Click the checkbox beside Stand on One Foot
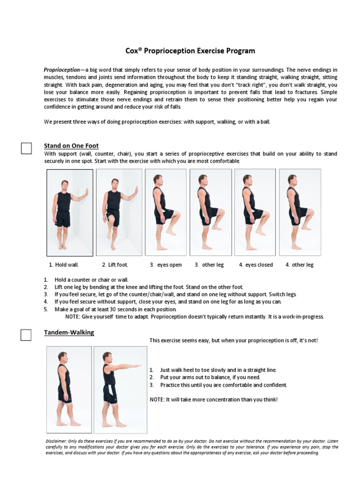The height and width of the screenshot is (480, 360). click(x=26, y=148)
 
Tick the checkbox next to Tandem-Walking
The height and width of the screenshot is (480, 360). click(x=26, y=335)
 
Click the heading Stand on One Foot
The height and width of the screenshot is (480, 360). click(x=71, y=146)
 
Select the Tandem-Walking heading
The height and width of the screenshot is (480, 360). click(x=69, y=332)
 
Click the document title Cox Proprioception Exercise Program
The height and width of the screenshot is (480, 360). click(x=190, y=51)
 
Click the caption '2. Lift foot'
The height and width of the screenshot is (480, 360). click(x=115, y=265)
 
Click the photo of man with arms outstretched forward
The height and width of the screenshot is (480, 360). click(x=120, y=389)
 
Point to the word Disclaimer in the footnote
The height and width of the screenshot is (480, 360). click(x=56, y=442)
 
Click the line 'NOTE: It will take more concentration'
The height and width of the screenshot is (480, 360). click(x=213, y=399)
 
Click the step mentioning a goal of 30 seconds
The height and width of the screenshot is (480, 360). click(x=115, y=309)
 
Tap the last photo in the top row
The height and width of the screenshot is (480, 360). click(x=300, y=212)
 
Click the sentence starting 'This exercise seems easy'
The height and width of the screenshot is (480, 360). click(x=233, y=340)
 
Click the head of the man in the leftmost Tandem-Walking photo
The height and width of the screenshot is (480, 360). click(x=62, y=357)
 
